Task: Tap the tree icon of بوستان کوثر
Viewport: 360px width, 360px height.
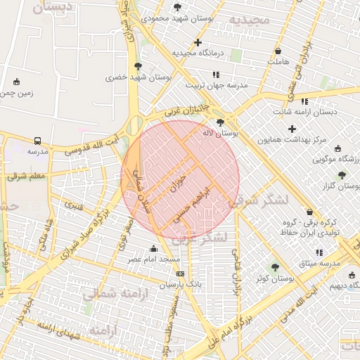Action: click(x=274, y=267)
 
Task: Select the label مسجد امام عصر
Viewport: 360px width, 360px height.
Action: click(x=154, y=259)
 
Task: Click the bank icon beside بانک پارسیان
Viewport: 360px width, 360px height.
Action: click(x=181, y=274)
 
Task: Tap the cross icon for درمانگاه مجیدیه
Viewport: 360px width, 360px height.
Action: click(x=198, y=42)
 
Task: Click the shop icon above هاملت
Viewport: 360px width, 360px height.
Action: click(x=278, y=51)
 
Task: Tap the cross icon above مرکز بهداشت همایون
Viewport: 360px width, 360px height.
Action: click(x=292, y=129)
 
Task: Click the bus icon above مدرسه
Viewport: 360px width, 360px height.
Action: click(x=37, y=141)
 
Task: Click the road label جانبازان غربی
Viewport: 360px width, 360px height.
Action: click(x=187, y=110)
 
